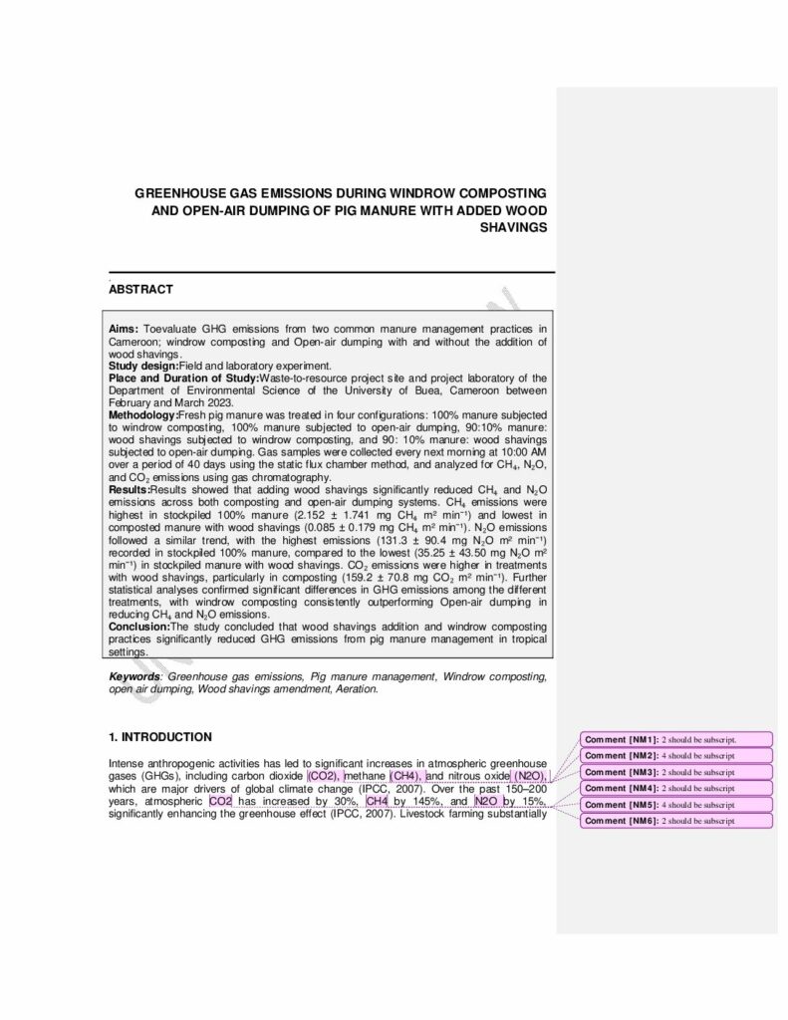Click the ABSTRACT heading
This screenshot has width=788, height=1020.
(140, 290)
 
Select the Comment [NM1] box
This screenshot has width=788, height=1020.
(676, 740)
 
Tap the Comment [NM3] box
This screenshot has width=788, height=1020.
(676, 772)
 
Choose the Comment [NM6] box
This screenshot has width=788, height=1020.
(676, 821)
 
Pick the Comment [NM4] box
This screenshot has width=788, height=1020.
(676, 789)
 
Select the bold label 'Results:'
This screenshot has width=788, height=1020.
(129, 490)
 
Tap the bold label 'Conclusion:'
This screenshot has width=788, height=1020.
(139, 627)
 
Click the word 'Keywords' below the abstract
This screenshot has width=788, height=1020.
(133, 676)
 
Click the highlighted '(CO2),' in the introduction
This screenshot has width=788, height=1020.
(324, 775)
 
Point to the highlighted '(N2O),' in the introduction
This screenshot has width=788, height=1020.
(530, 775)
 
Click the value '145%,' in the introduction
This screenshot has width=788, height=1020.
(415, 801)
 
